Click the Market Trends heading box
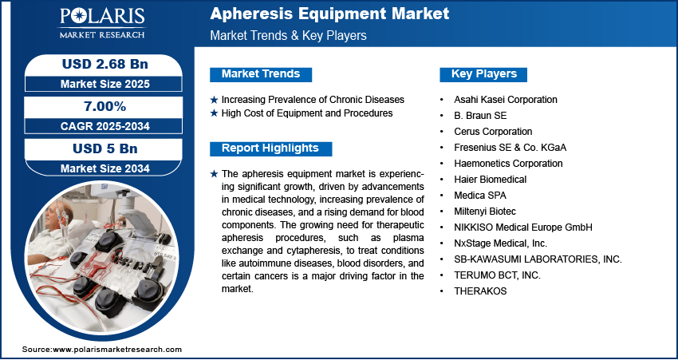[x=260, y=74]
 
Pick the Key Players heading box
[x=483, y=74]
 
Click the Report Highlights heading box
[x=270, y=148]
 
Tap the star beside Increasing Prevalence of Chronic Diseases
[x=214, y=100]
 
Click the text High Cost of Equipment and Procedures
[x=307, y=113]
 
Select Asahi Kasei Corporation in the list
[x=506, y=100]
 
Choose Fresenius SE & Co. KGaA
[x=510, y=148]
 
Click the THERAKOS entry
[x=480, y=291]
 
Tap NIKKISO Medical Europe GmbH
[x=522, y=227]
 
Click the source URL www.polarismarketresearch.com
[x=117, y=350]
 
